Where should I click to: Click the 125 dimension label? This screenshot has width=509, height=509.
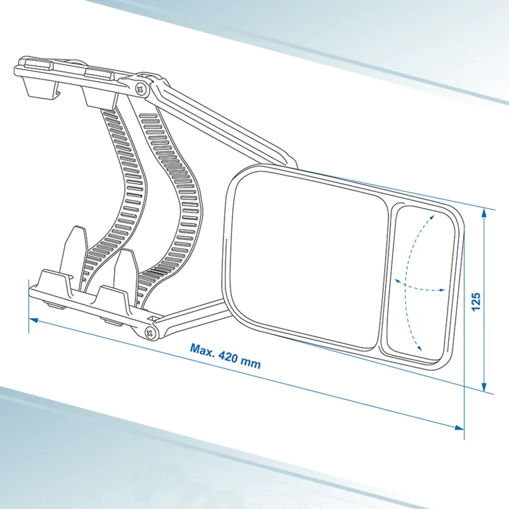(x=476, y=301)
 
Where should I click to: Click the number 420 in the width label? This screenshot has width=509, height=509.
(x=230, y=357)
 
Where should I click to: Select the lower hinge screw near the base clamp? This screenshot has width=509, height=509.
(x=150, y=333)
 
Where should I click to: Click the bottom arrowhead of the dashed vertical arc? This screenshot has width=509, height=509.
(x=420, y=348)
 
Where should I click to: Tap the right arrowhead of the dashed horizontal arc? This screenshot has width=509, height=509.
(x=442, y=290)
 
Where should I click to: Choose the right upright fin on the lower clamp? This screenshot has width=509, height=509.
(x=126, y=267)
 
